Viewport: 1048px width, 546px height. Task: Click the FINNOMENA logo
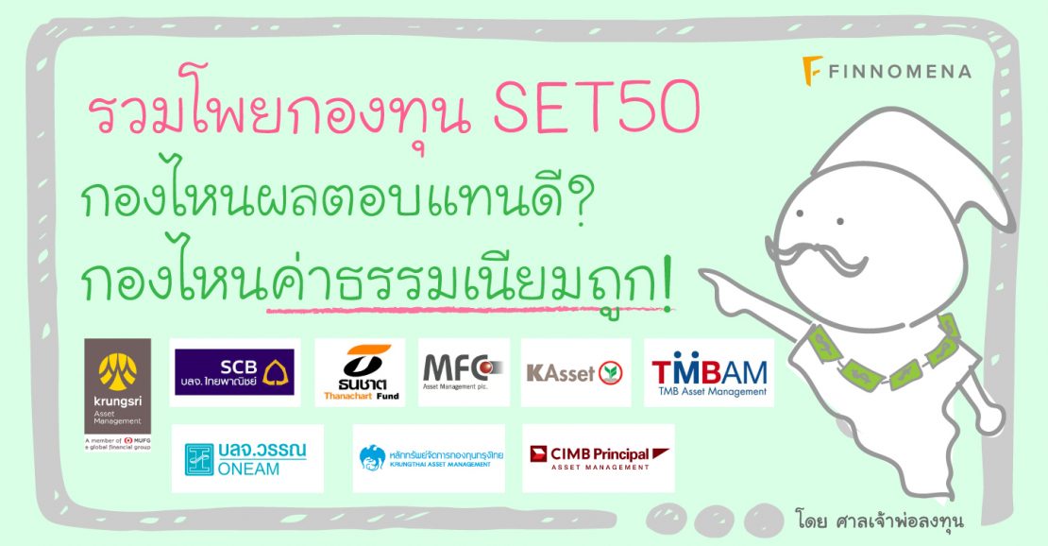pyautogui.click(x=886, y=70)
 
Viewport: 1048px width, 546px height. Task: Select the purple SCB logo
pyautogui.click(x=234, y=372)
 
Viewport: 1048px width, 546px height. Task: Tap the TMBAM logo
pyautogui.click(x=708, y=372)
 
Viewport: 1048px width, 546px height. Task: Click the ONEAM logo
pyautogui.click(x=246, y=458)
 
